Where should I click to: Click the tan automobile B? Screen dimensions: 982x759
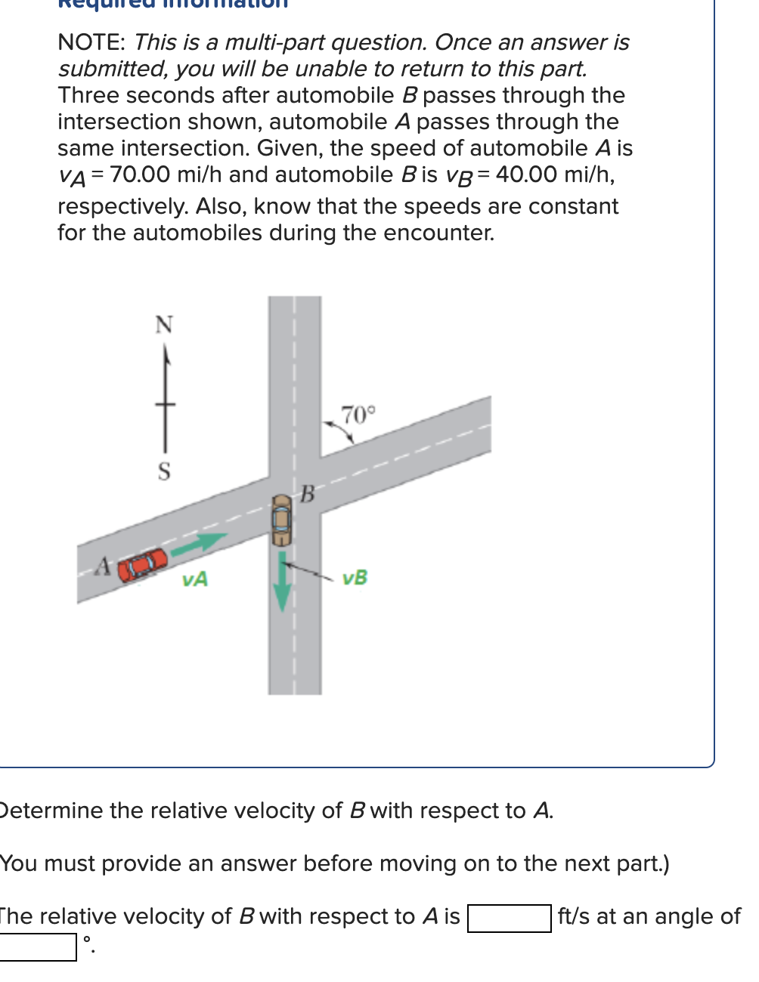pyautogui.click(x=282, y=519)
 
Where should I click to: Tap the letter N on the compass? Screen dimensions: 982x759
pyautogui.click(x=164, y=325)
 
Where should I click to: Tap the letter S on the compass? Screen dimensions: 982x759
pyautogui.click(x=164, y=471)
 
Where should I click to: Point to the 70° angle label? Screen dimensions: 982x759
pyautogui.click(x=357, y=415)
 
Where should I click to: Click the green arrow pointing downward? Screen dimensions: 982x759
pyautogui.click(x=282, y=581)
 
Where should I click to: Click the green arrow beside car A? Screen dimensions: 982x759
pyautogui.click(x=199, y=544)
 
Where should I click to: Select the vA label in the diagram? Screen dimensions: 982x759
pyautogui.click(x=195, y=580)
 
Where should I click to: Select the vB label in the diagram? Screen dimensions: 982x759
pyautogui.click(x=355, y=578)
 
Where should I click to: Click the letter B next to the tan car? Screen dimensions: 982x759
pyautogui.click(x=307, y=495)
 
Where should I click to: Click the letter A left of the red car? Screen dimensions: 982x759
pyautogui.click(x=104, y=566)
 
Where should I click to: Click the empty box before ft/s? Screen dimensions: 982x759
pyautogui.click(x=509, y=919)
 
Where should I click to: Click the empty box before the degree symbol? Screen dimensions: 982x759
pyautogui.click(x=38, y=947)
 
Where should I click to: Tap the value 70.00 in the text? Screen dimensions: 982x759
pyautogui.click(x=140, y=174)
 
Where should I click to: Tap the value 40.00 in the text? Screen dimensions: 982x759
pyautogui.click(x=526, y=174)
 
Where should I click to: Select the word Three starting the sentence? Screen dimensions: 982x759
pyautogui.click(x=88, y=95)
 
